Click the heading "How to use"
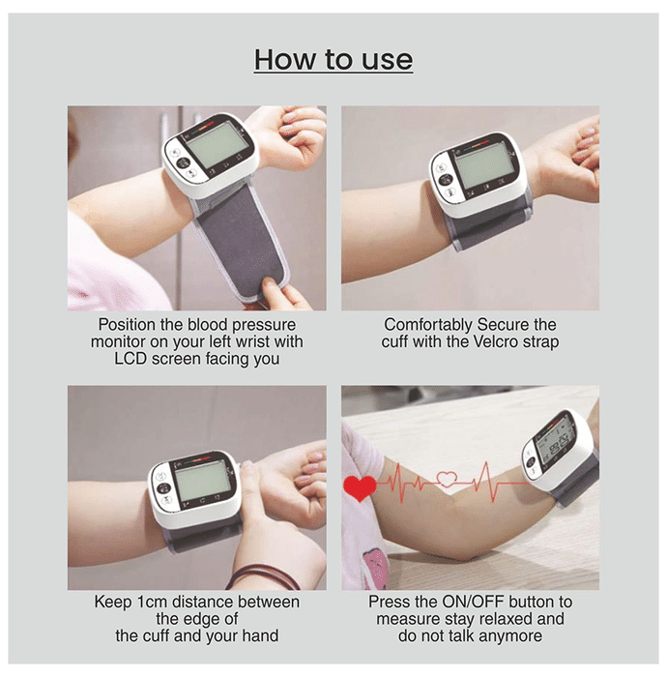(333, 60)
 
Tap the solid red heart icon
(360, 487)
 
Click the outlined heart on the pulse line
(447, 479)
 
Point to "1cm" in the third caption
(146, 602)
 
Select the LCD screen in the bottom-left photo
(201, 480)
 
